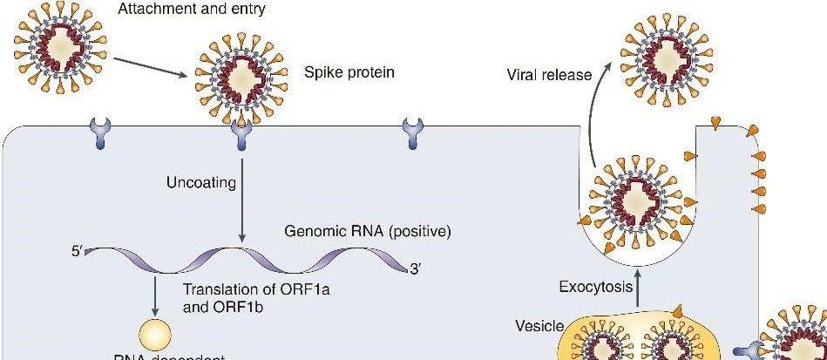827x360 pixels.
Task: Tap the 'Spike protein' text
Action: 349,72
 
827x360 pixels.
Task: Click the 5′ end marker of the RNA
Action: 78,253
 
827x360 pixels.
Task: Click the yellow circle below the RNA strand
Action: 156,336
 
